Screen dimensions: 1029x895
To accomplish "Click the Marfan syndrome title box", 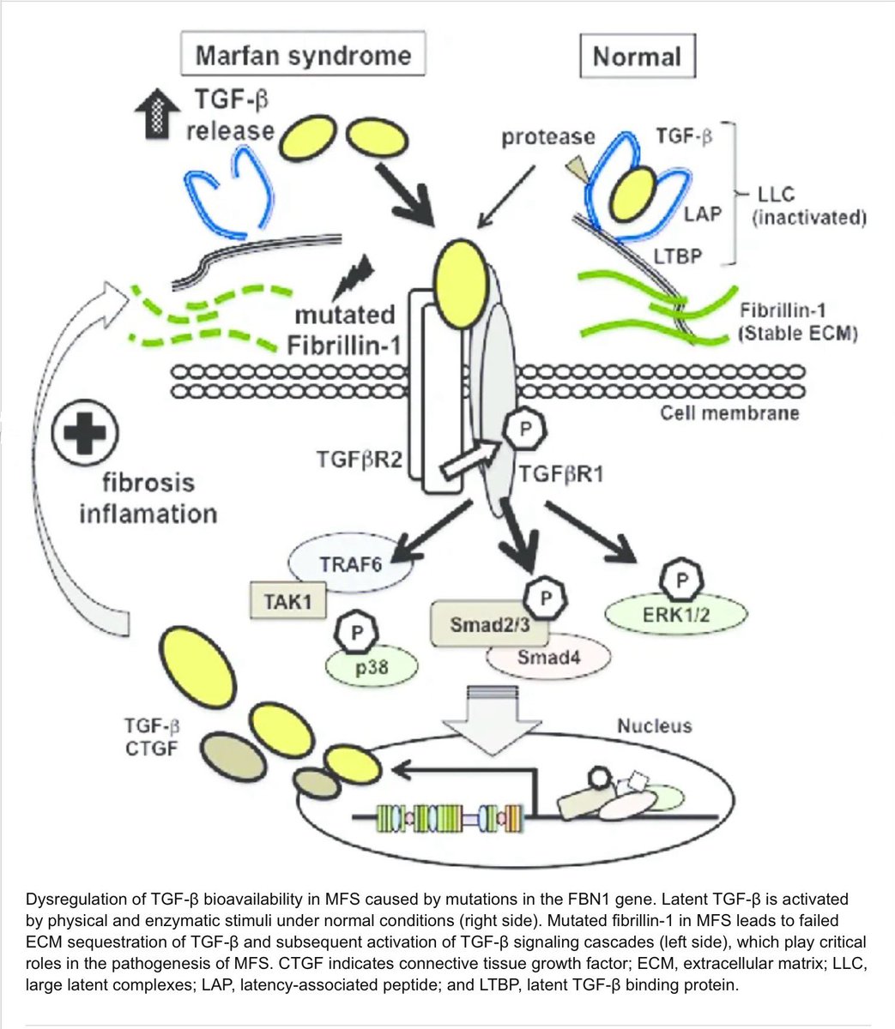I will pyautogui.click(x=303, y=56).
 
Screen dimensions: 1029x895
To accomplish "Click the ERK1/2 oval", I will pyautogui.click(x=676, y=614).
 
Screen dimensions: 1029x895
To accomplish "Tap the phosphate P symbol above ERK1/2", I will pyautogui.click(x=681, y=581).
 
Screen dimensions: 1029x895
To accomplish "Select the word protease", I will pyautogui.click(x=549, y=137).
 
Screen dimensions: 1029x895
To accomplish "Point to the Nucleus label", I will pyautogui.click(x=654, y=726).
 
